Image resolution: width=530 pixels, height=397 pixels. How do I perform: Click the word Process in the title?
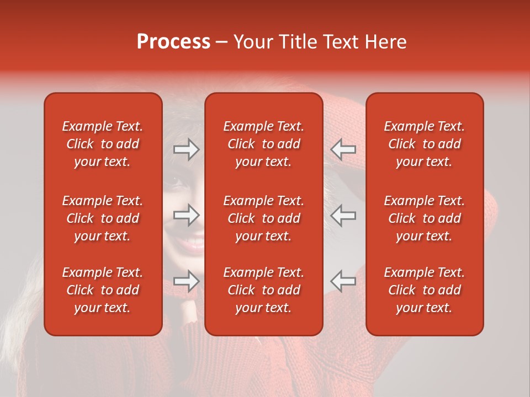(173, 42)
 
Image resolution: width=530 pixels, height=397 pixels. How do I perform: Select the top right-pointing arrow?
(186, 149)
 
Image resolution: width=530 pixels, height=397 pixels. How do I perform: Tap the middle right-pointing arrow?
(186, 215)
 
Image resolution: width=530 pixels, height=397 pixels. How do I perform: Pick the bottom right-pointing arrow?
(186, 281)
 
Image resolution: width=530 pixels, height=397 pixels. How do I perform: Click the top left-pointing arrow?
(343, 149)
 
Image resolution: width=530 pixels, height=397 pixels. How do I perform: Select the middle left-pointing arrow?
(343, 215)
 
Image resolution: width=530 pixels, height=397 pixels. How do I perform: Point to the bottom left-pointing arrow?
(343, 281)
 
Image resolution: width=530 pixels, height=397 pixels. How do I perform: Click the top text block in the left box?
(103, 144)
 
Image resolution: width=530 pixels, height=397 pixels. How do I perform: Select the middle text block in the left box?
(103, 218)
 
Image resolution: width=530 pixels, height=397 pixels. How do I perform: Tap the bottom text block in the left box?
(103, 290)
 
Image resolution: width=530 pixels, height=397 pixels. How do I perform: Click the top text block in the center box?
(264, 144)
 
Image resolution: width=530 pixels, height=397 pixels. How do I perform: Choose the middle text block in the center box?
(264, 218)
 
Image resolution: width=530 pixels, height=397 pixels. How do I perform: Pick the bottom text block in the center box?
(264, 290)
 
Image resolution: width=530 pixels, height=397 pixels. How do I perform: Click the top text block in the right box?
(425, 144)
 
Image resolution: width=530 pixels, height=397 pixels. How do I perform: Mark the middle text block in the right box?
(425, 218)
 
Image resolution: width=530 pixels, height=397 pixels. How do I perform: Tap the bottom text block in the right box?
(425, 290)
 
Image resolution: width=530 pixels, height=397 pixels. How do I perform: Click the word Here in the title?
(386, 42)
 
